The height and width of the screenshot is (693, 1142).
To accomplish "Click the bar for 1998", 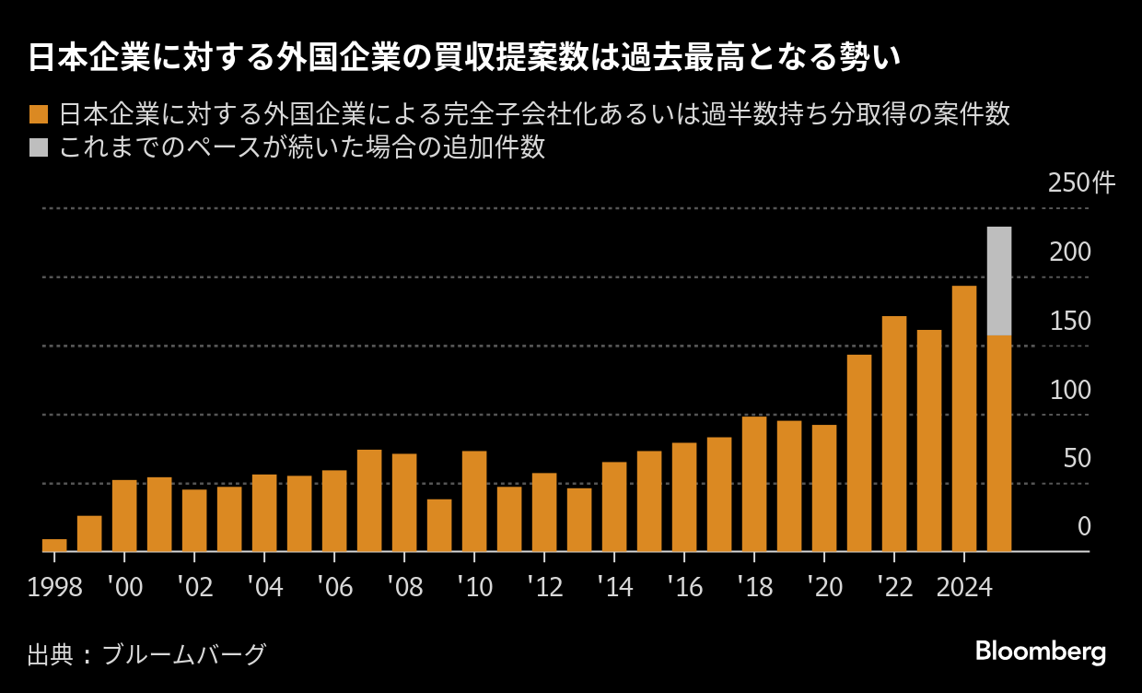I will coord(54,546).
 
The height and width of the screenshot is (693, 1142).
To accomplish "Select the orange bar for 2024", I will coord(964,419).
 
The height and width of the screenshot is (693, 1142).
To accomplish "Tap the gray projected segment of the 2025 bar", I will coord(999,281).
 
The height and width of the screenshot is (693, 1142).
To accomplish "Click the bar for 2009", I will coord(439,525).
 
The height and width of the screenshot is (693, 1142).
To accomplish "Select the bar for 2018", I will coord(754,484).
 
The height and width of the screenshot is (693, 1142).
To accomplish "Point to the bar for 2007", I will coord(369,500).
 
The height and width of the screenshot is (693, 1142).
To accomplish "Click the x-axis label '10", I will coord(473,587).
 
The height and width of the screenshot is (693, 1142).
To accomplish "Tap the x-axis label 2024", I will coord(963,587).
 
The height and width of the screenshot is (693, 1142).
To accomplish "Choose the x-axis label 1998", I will coord(54,587).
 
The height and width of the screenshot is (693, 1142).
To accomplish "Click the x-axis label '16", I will coord(683,587).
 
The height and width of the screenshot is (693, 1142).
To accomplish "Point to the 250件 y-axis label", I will coord(1081,183).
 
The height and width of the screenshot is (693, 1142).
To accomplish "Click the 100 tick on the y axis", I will coord(1070,390).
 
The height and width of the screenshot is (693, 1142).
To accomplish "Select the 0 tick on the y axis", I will coord(1084,526).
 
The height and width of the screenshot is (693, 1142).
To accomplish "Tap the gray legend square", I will coord(39,147).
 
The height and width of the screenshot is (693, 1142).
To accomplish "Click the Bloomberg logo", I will coord(1041,652).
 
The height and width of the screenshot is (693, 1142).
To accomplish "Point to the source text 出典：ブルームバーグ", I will coord(146,654).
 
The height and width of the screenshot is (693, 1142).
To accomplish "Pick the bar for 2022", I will coord(894,434).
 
